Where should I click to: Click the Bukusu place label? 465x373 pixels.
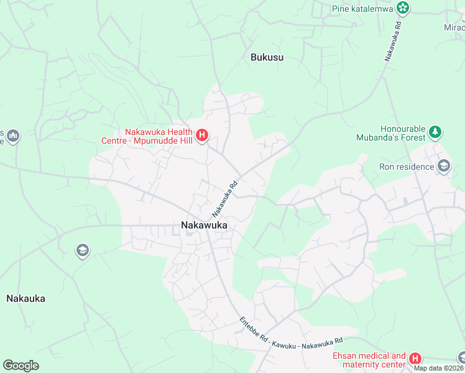click(267, 57)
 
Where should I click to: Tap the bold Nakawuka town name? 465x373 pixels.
click(205, 226)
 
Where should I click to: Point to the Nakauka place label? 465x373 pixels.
click(25, 298)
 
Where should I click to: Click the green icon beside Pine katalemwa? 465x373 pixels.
click(403, 8)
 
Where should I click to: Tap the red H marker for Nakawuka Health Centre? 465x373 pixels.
click(201, 135)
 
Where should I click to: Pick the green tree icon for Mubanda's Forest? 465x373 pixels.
click(436, 132)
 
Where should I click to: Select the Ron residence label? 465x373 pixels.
click(407, 167)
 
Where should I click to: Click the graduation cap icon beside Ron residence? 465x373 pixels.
click(444, 166)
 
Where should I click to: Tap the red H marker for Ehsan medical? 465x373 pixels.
click(415, 359)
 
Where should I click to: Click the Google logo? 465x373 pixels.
click(21, 366)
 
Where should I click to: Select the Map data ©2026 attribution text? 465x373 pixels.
click(439, 368)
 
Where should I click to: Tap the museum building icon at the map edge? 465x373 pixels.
click(13, 136)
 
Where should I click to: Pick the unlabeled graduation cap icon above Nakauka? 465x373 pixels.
click(82, 251)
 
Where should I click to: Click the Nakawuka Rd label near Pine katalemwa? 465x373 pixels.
click(392, 41)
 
